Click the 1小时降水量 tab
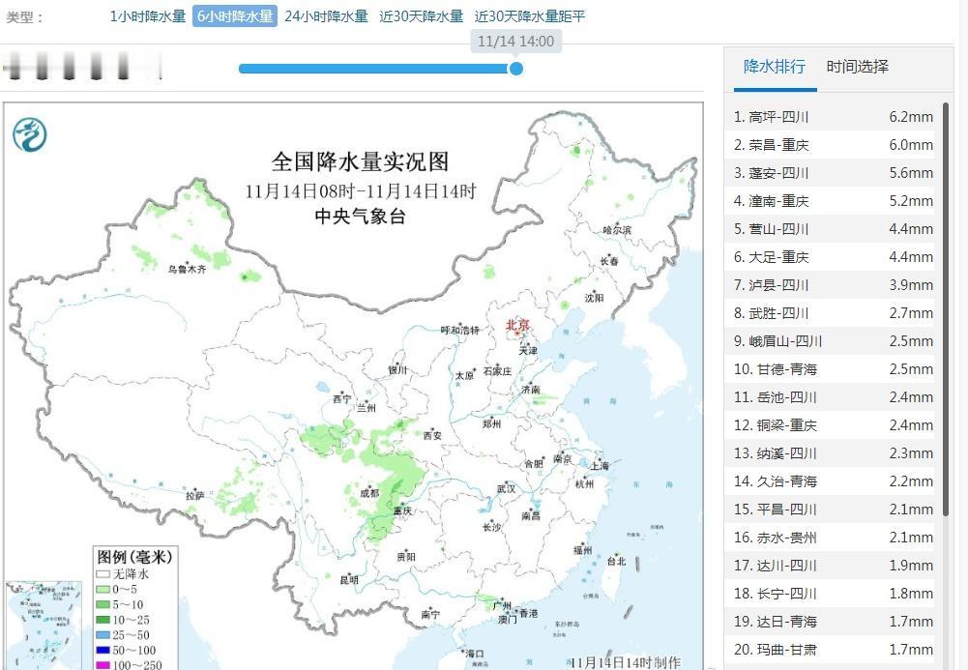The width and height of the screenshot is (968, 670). click(147, 16)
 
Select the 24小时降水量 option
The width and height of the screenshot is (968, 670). click(326, 16)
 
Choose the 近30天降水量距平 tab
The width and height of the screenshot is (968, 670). click(529, 16)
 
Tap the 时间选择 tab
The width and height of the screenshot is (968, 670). click(857, 67)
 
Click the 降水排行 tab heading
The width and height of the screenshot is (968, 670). click(774, 67)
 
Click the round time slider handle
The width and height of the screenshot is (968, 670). click(516, 69)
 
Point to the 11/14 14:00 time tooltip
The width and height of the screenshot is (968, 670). click(516, 42)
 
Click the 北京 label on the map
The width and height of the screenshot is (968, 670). click(518, 326)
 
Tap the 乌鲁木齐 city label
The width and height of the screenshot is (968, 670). click(187, 270)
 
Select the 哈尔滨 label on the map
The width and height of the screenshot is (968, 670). click(616, 230)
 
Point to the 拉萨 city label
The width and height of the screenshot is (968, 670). click(195, 496)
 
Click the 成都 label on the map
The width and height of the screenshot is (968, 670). click(368, 493)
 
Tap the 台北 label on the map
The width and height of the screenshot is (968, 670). click(616, 561)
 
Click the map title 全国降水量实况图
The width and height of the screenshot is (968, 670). click(360, 161)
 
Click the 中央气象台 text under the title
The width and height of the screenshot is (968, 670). click(360, 217)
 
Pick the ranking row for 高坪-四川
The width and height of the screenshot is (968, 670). click(832, 117)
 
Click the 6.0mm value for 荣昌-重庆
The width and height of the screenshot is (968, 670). click(911, 145)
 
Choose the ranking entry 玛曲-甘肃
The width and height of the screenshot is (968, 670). click(832, 650)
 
